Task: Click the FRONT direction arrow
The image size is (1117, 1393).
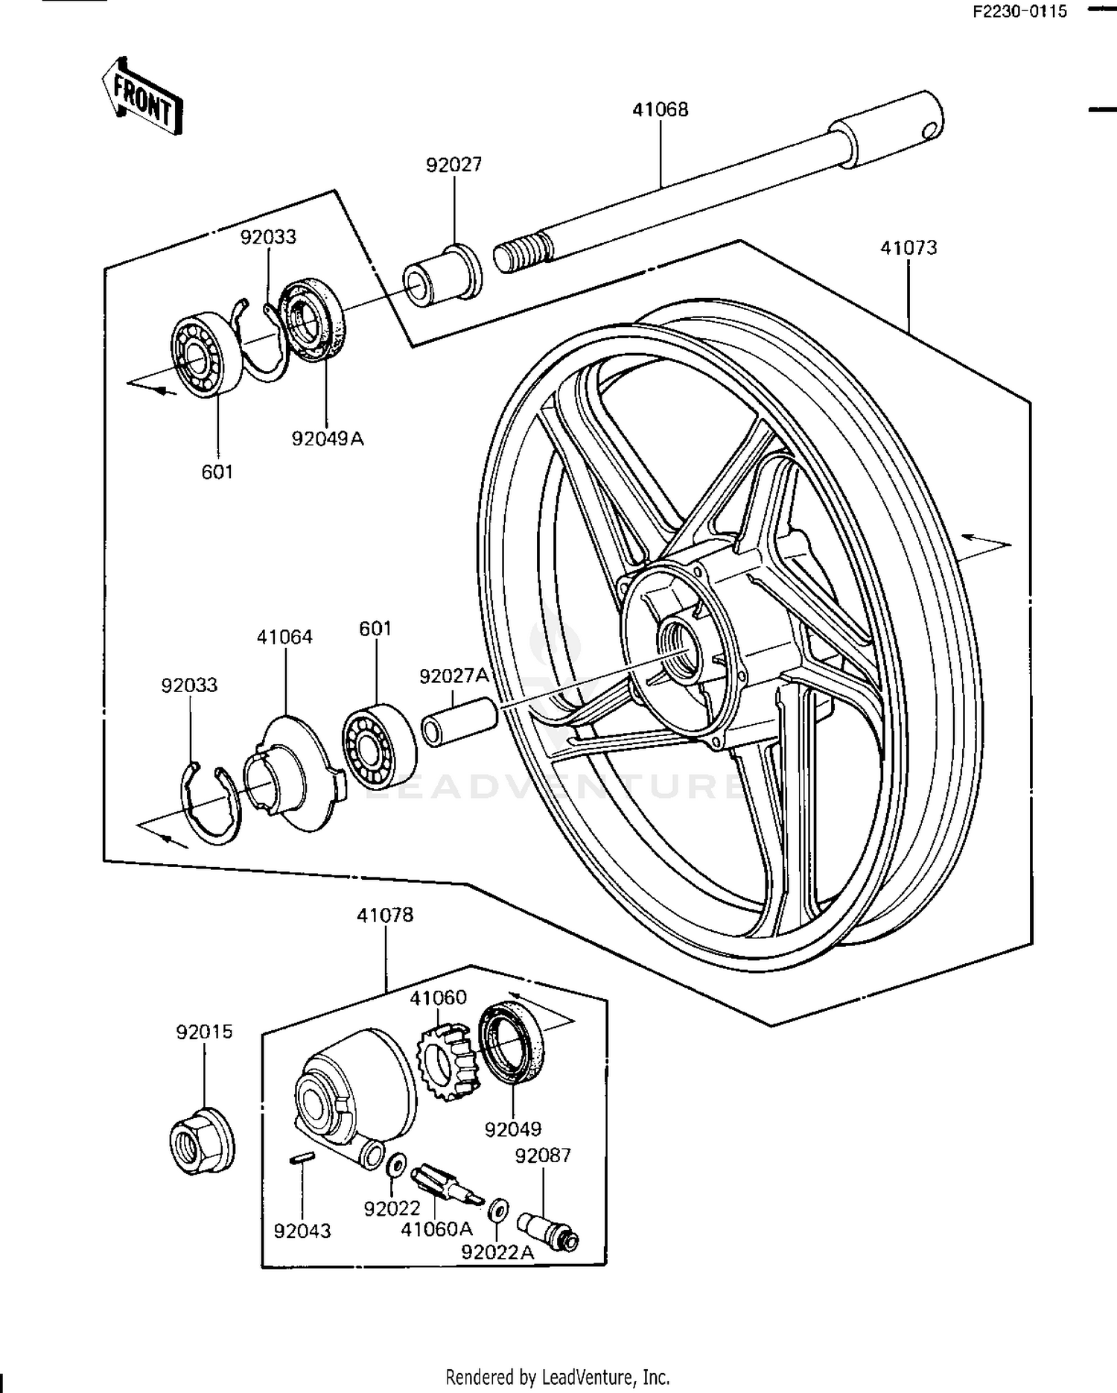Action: tap(141, 97)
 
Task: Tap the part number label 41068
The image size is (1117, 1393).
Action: tap(660, 110)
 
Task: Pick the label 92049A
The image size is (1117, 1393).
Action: tap(327, 438)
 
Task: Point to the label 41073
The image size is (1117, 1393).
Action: tap(908, 247)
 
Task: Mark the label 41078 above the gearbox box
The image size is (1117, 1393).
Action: tap(384, 915)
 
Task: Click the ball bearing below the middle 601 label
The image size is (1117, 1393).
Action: tap(378, 745)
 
